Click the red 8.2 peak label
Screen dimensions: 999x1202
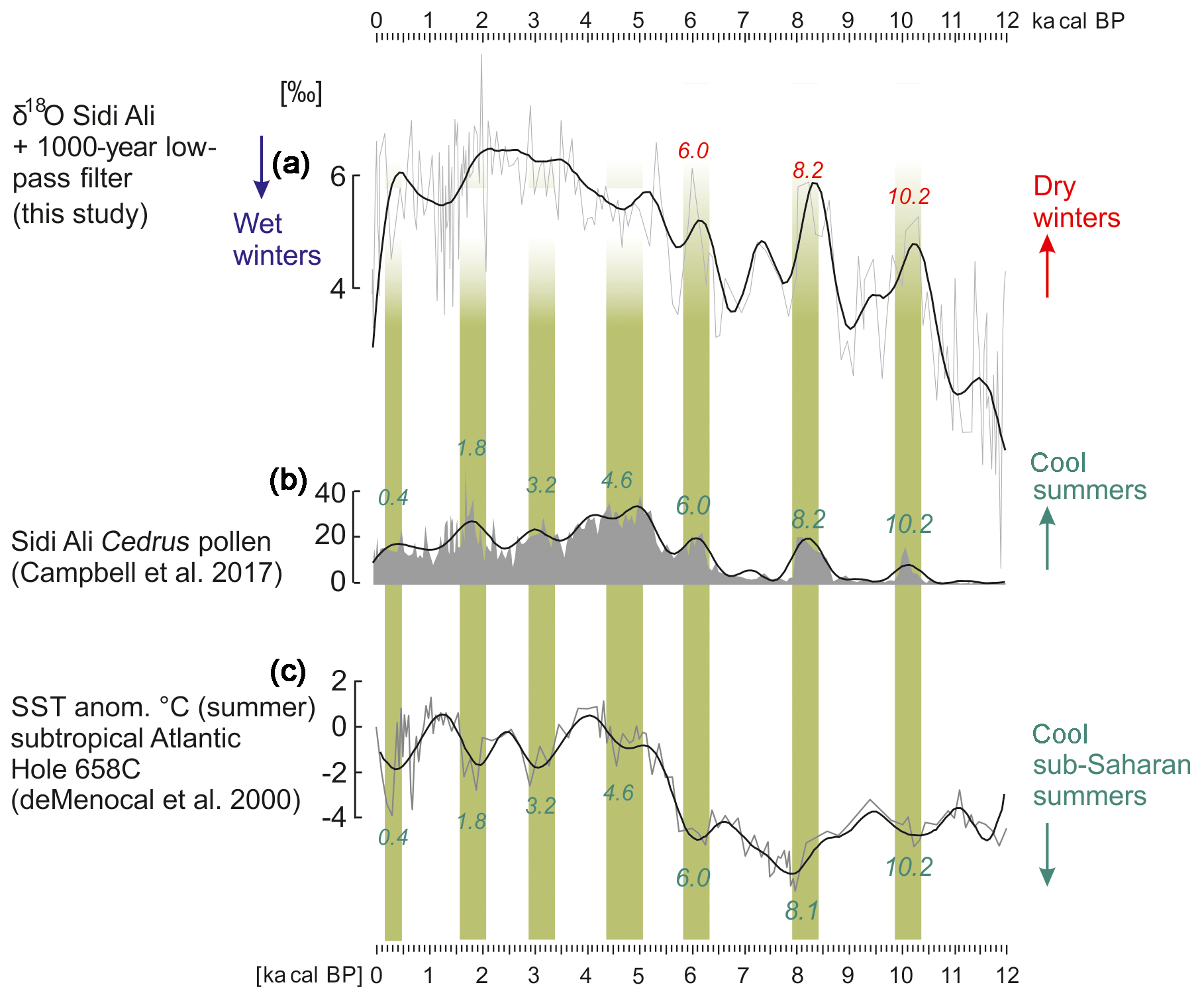coord(808,171)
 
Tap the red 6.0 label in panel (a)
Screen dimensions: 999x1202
coord(693,151)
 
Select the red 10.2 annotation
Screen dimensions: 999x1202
coord(909,197)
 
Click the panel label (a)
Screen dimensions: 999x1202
coord(291,163)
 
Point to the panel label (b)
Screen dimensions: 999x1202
coord(288,480)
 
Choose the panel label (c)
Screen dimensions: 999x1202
coord(288,671)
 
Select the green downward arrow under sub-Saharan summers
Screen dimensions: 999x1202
coord(1046,854)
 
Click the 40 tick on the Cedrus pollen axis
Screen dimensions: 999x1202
coord(330,493)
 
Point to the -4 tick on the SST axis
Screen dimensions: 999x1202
coord(334,818)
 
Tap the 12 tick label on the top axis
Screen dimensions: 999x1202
coord(1007,21)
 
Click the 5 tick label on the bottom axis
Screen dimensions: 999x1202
coord(638,975)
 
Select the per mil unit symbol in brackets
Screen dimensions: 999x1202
coord(301,93)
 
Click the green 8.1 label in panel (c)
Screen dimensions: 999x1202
coord(801,912)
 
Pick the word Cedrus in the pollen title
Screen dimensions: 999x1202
coord(146,542)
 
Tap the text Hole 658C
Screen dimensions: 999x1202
coord(75,769)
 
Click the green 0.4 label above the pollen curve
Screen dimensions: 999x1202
coord(393,498)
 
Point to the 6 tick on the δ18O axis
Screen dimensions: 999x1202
coord(338,177)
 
